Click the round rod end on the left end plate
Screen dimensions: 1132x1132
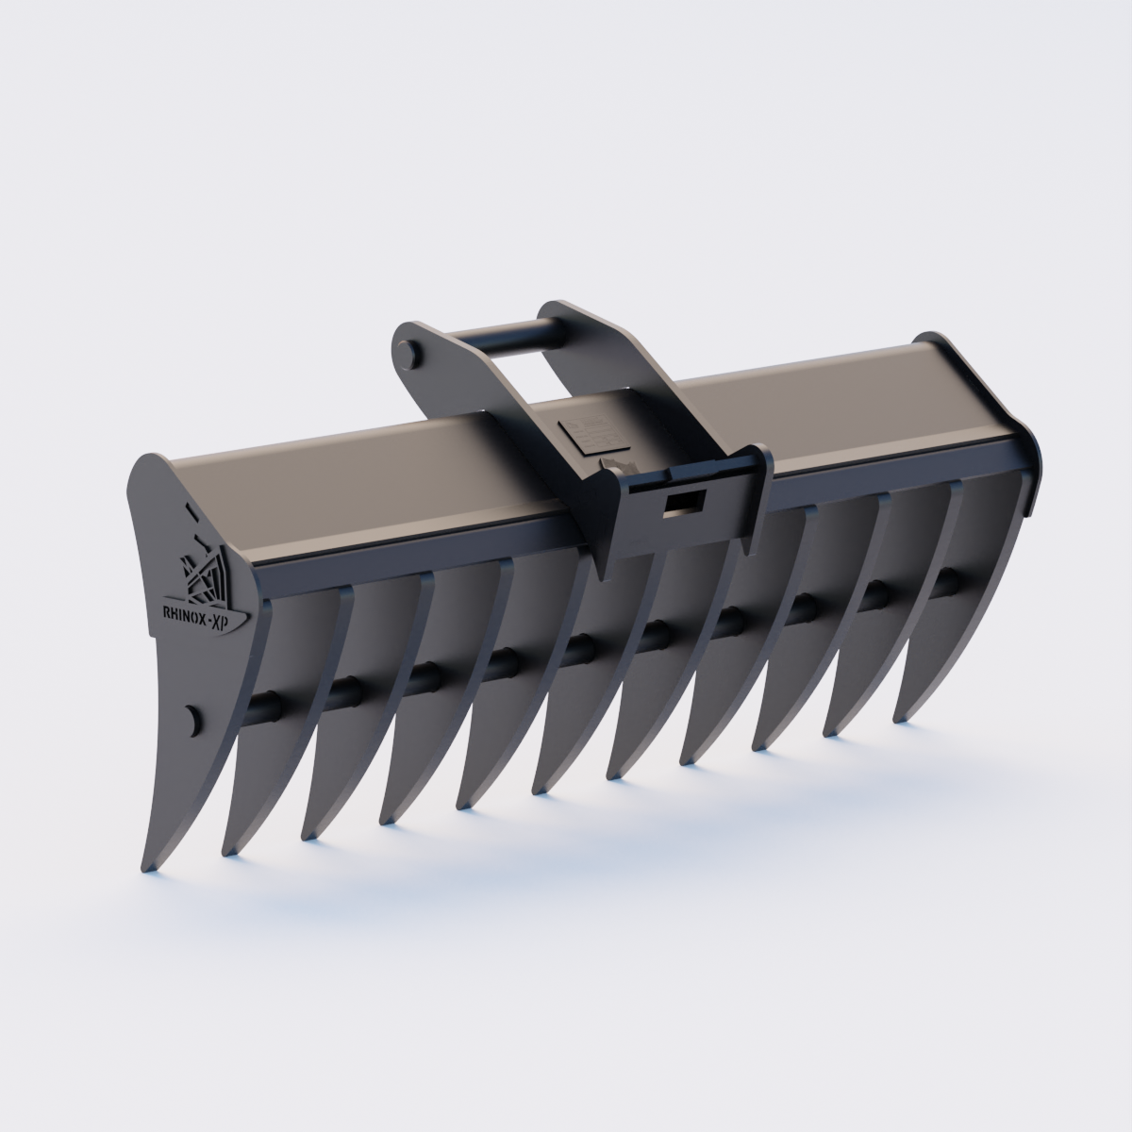(x=193, y=719)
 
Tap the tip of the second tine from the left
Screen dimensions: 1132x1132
(x=227, y=853)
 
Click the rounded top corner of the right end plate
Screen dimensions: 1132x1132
(x=934, y=340)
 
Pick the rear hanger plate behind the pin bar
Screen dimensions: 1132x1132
(x=575, y=330)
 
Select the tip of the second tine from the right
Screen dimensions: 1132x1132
(x=830, y=732)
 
